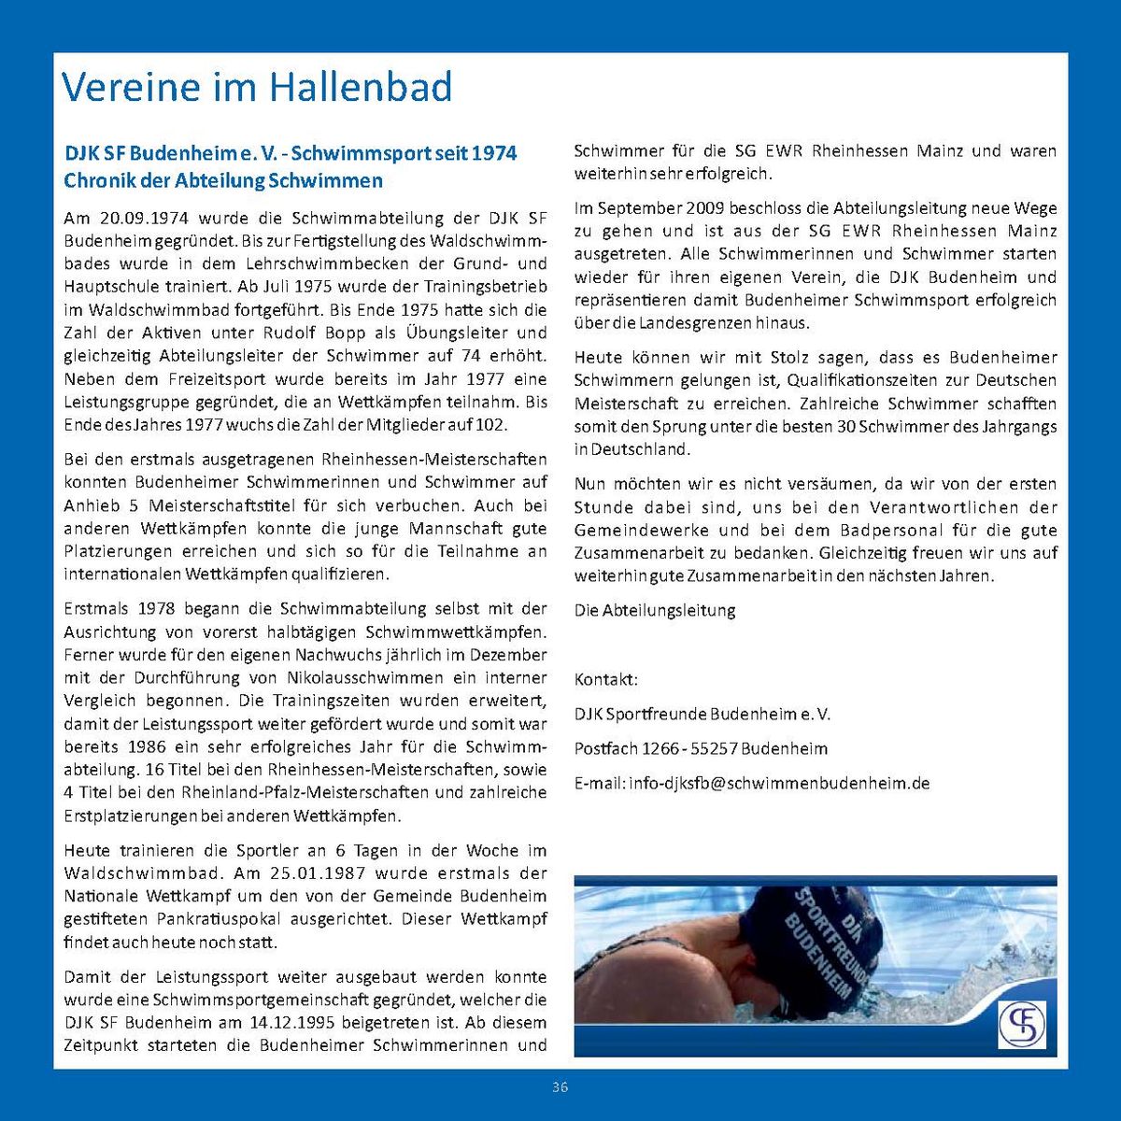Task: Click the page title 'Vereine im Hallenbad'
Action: (257, 87)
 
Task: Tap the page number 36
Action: (560, 1086)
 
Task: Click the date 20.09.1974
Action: (143, 219)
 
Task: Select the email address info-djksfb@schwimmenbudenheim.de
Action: (779, 784)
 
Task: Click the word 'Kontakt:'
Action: (606, 679)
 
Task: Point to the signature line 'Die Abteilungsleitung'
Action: (655, 611)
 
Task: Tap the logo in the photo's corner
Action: (1021, 1024)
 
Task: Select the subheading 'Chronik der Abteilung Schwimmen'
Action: (223, 180)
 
